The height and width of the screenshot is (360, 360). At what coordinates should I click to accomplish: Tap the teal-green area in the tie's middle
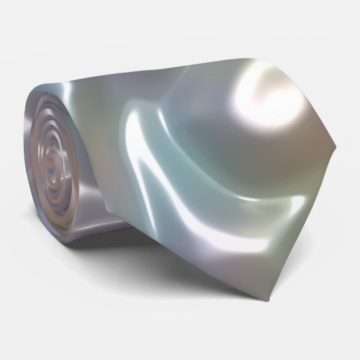183,136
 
